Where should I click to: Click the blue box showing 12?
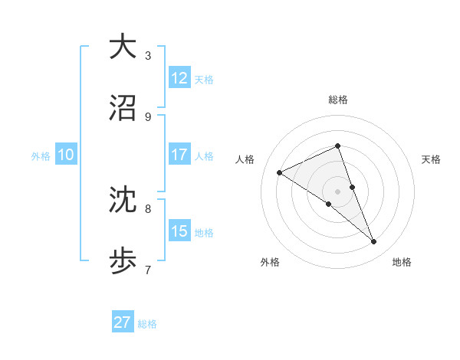pyautogui.click(x=179, y=78)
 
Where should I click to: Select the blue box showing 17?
pyautogui.click(x=179, y=155)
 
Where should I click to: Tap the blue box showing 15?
pyautogui.click(x=179, y=231)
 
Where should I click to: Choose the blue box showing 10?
pyautogui.click(x=66, y=155)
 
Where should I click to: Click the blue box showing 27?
pyautogui.click(x=123, y=322)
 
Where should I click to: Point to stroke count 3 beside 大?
pyautogui.click(x=148, y=56)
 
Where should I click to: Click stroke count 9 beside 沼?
pyautogui.click(x=148, y=117)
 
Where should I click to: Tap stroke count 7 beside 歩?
pyautogui.click(x=148, y=270)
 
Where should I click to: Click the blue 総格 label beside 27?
pyautogui.click(x=147, y=324)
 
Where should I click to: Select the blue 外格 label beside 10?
pyautogui.click(x=41, y=156)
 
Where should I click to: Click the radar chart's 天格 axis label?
pyautogui.click(x=431, y=159)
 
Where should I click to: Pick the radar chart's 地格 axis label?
pyautogui.click(x=402, y=262)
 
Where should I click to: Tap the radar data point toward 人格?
pyautogui.click(x=280, y=172)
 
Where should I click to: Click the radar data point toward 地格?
pyautogui.click(x=374, y=242)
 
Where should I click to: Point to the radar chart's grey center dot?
pyautogui.click(x=337, y=191)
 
